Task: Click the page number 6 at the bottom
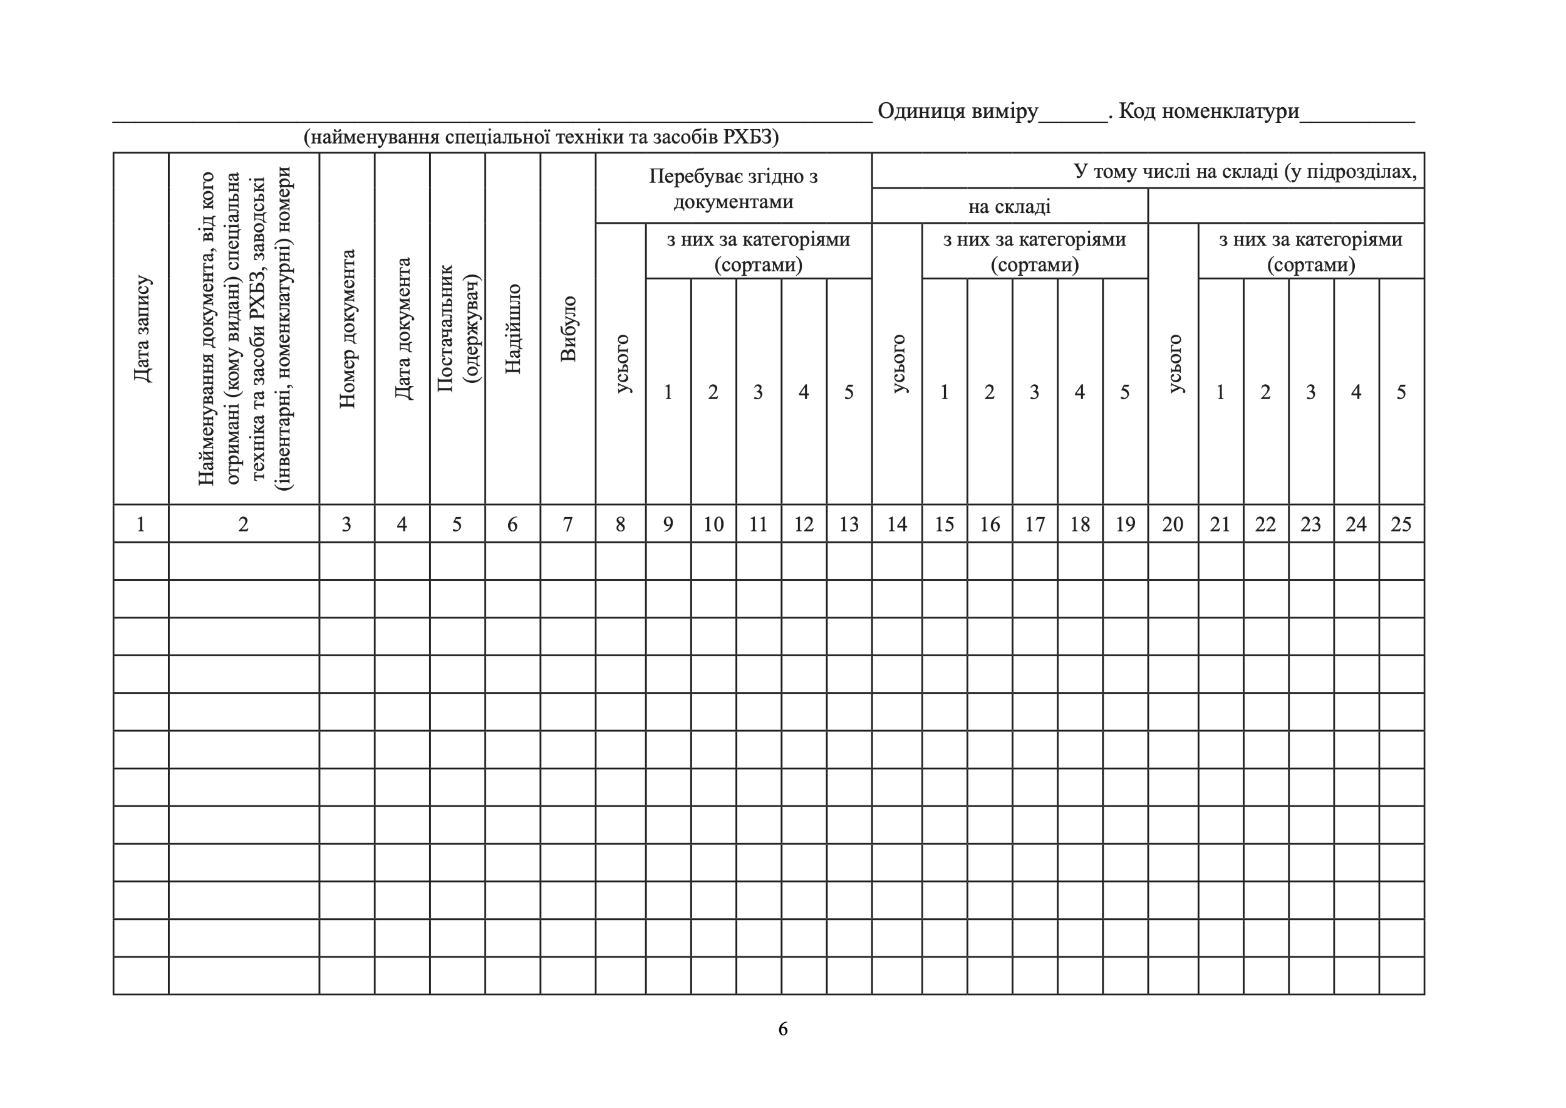(x=782, y=1029)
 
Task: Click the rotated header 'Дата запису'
(x=142, y=329)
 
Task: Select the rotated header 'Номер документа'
(x=347, y=329)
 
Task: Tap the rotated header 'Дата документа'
(x=402, y=329)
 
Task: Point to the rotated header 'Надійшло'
(x=513, y=329)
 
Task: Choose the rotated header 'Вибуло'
(x=568, y=329)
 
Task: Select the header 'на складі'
(x=1009, y=206)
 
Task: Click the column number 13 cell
(x=849, y=524)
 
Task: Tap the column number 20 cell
(x=1173, y=524)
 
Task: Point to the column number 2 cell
(x=244, y=524)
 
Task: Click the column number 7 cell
(x=568, y=524)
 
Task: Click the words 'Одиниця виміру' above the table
(x=957, y=110)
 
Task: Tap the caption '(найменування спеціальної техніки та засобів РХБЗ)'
(x=541, y=137)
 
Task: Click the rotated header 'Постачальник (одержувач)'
(x=458, y=329)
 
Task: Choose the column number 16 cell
(x=990, y=524)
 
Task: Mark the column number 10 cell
(x=713, y=524)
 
